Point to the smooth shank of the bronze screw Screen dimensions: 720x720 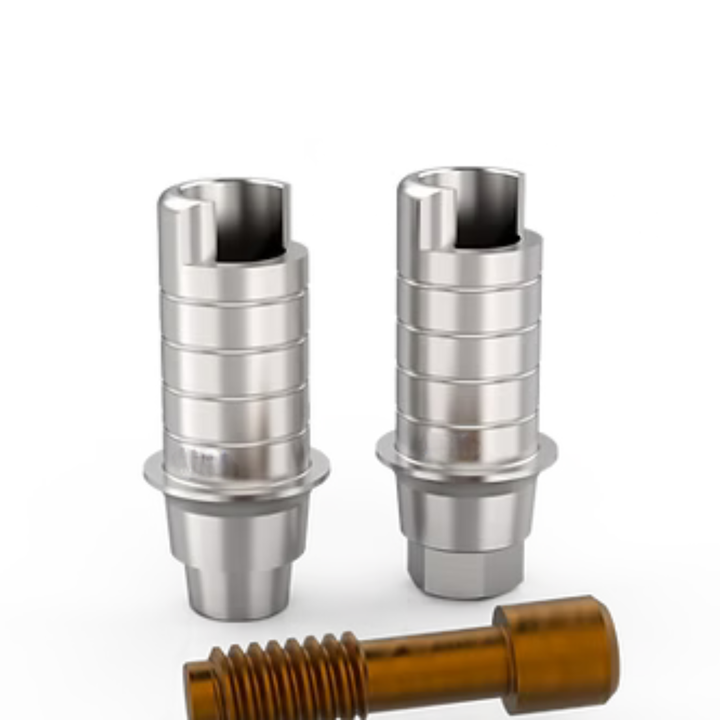tap(432, 667)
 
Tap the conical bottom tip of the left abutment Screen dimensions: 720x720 tap(239, 593)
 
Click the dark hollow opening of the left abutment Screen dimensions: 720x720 tap(250, 239)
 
